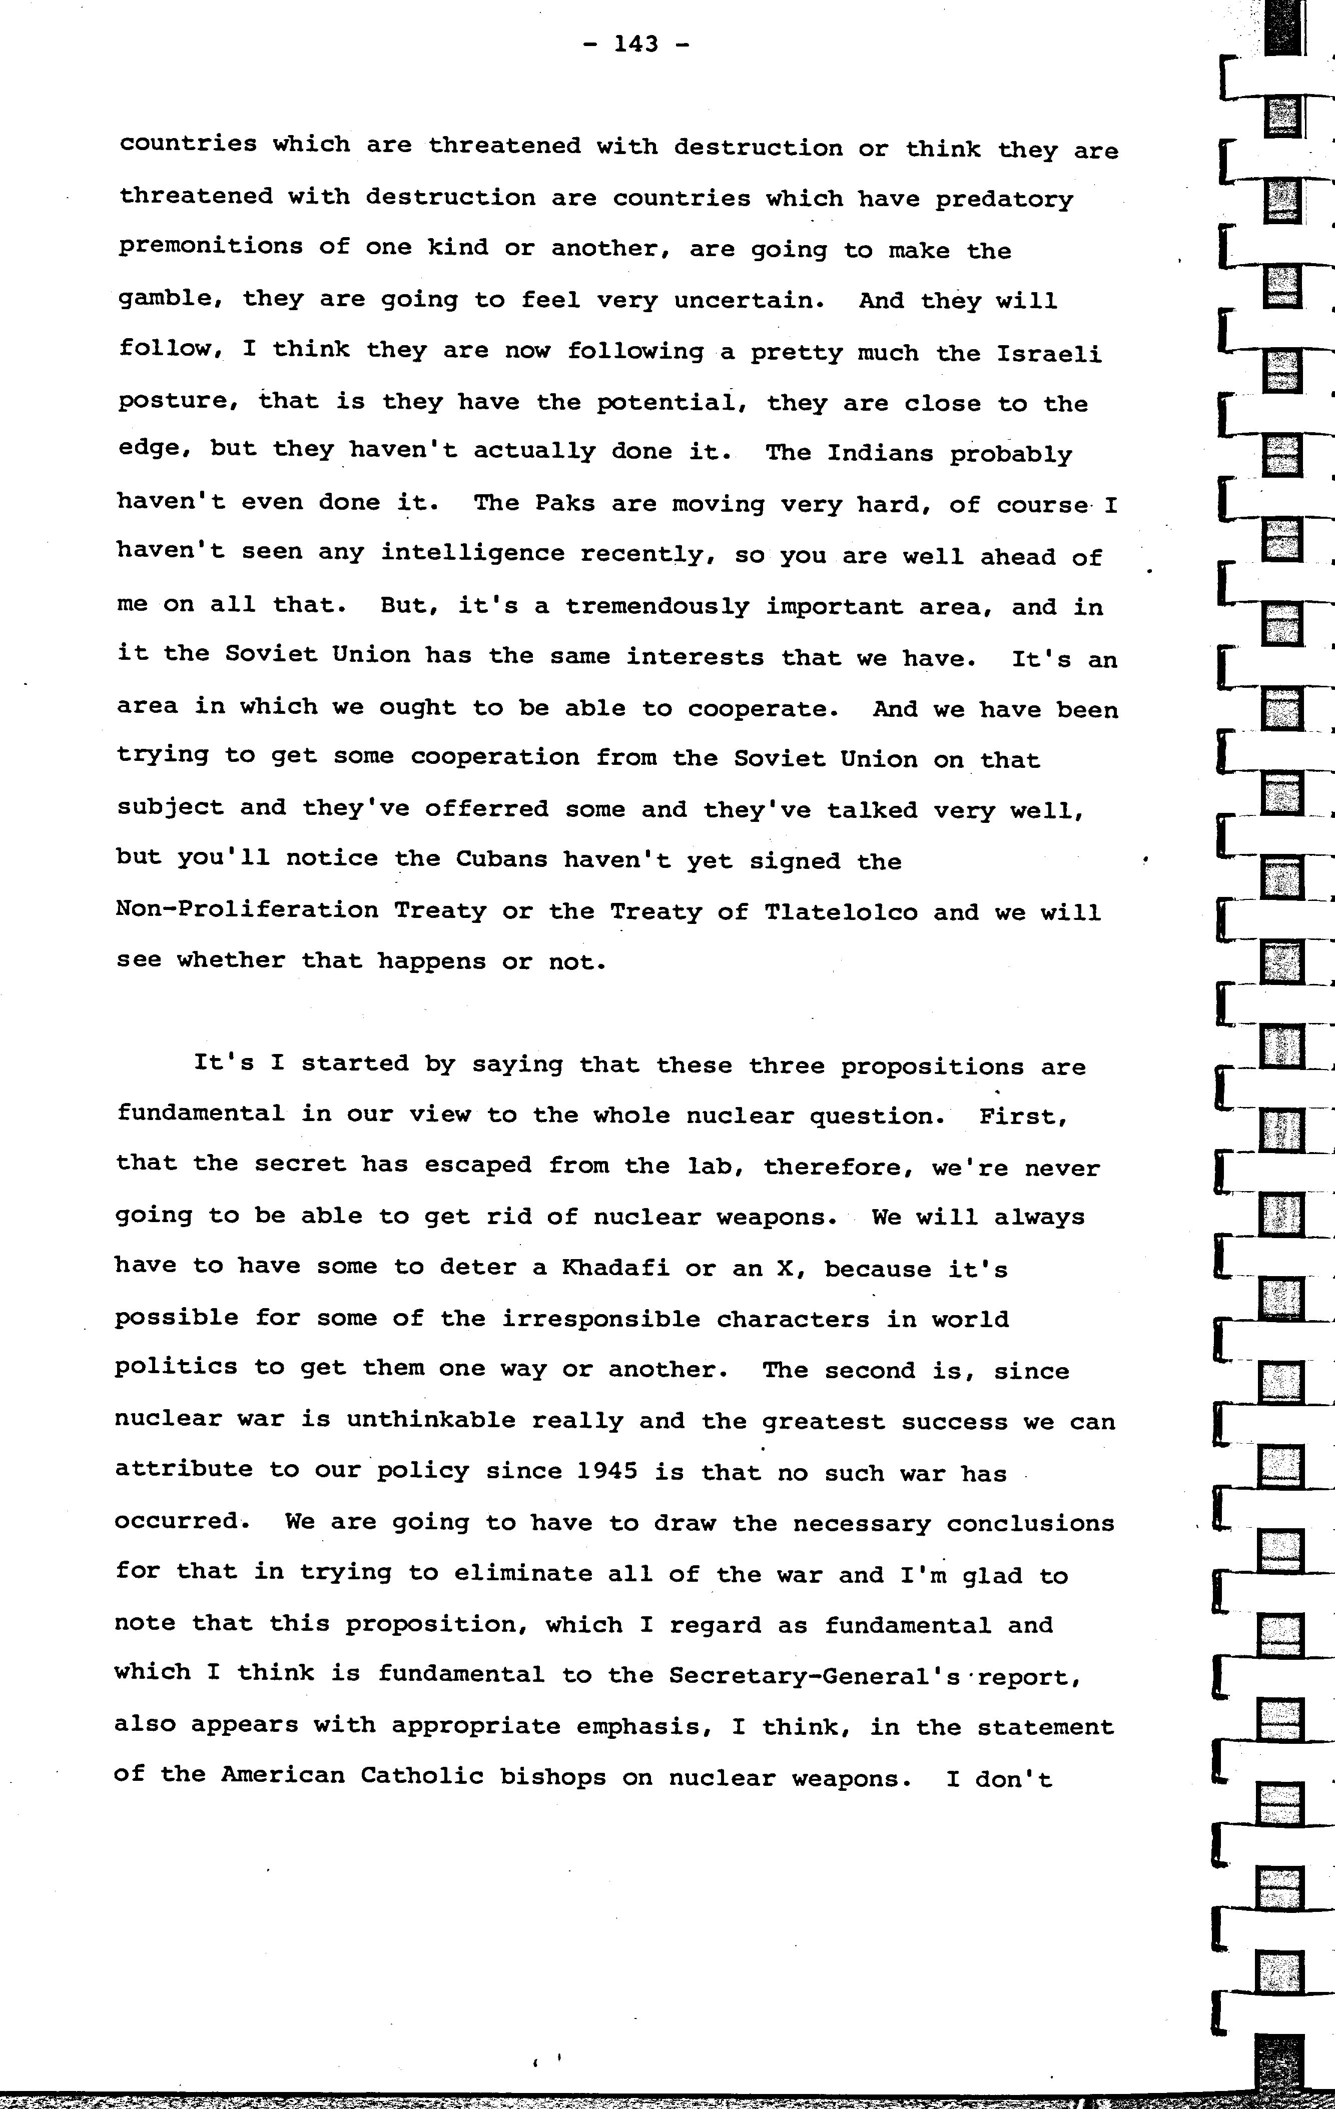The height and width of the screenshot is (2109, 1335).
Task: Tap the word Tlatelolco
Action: [x=841, y=912]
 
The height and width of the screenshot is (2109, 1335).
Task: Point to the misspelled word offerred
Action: [x=487, y=808]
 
